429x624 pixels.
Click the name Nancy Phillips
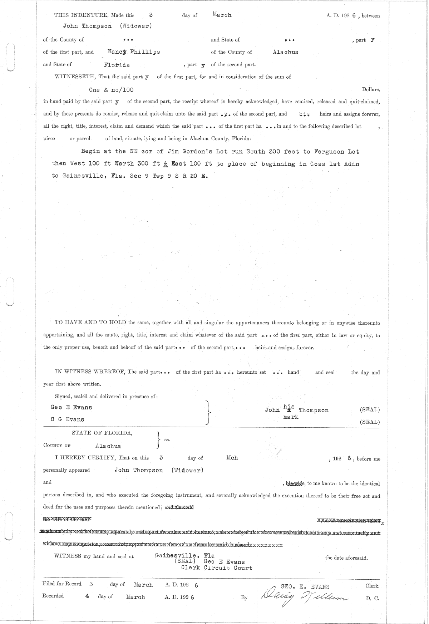(134, 52)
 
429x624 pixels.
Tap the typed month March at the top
(222, 15)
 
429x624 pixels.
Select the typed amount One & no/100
(111, 90)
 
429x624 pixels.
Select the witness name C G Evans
(67, 419)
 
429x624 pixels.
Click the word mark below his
(291, 417)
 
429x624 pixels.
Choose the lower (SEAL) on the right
(370, 422)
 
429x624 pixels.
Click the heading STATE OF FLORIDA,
(102, 433)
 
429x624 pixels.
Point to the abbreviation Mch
(232, 458)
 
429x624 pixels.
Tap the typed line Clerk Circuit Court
(217, 568)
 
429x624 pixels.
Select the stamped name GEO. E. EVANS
(305, 586)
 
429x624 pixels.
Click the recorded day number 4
(87, 596)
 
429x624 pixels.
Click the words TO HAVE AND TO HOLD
(90, 323)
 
